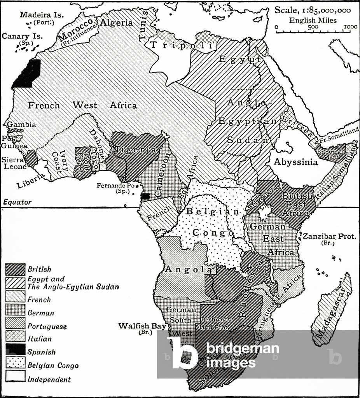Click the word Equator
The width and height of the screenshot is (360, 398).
pos(17,202)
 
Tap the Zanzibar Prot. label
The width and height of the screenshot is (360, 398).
pos(329,236)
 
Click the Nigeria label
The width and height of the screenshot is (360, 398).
pos(134,150)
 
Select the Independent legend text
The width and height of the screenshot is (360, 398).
pos(49,379)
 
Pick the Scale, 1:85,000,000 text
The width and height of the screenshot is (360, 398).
pos(313,11)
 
